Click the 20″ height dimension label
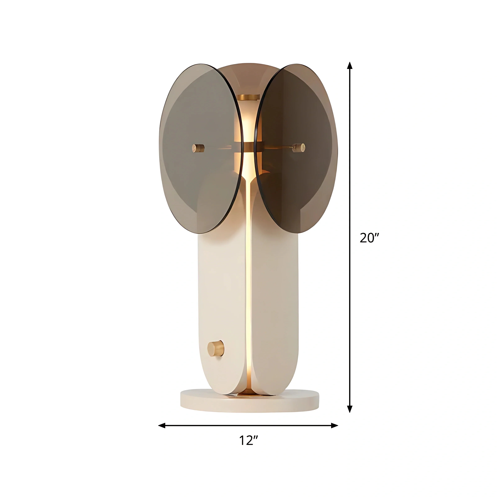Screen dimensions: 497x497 tap(369, 238)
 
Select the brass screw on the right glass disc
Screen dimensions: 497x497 tap(299, 148)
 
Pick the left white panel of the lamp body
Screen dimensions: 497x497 tap(221, 296)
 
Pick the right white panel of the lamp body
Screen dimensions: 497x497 tap(275, 296)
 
